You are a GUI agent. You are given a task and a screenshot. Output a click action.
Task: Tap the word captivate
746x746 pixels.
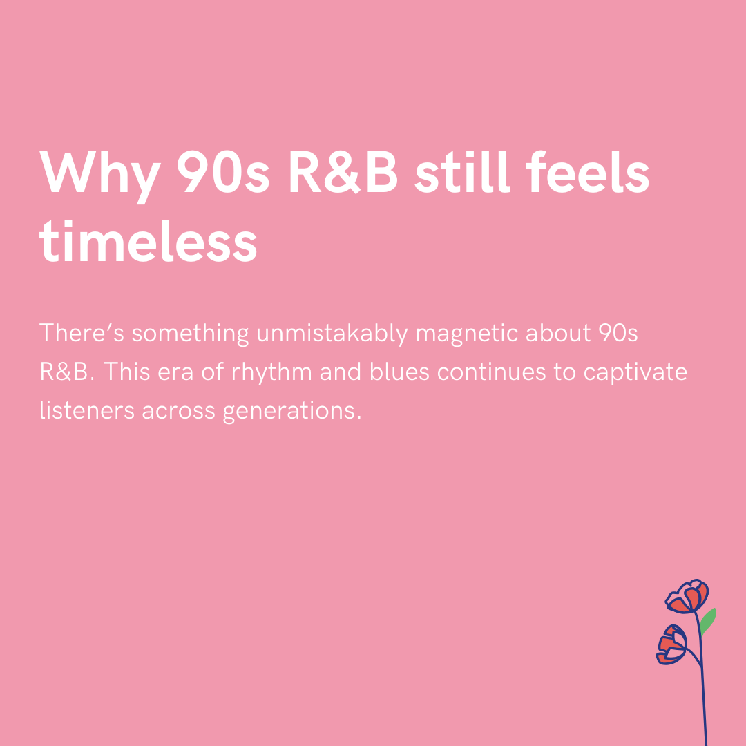point(635,373)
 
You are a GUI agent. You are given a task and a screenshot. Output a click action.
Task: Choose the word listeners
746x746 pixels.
point(86,410)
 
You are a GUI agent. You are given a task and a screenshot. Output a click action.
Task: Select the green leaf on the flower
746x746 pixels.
point(708,621)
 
